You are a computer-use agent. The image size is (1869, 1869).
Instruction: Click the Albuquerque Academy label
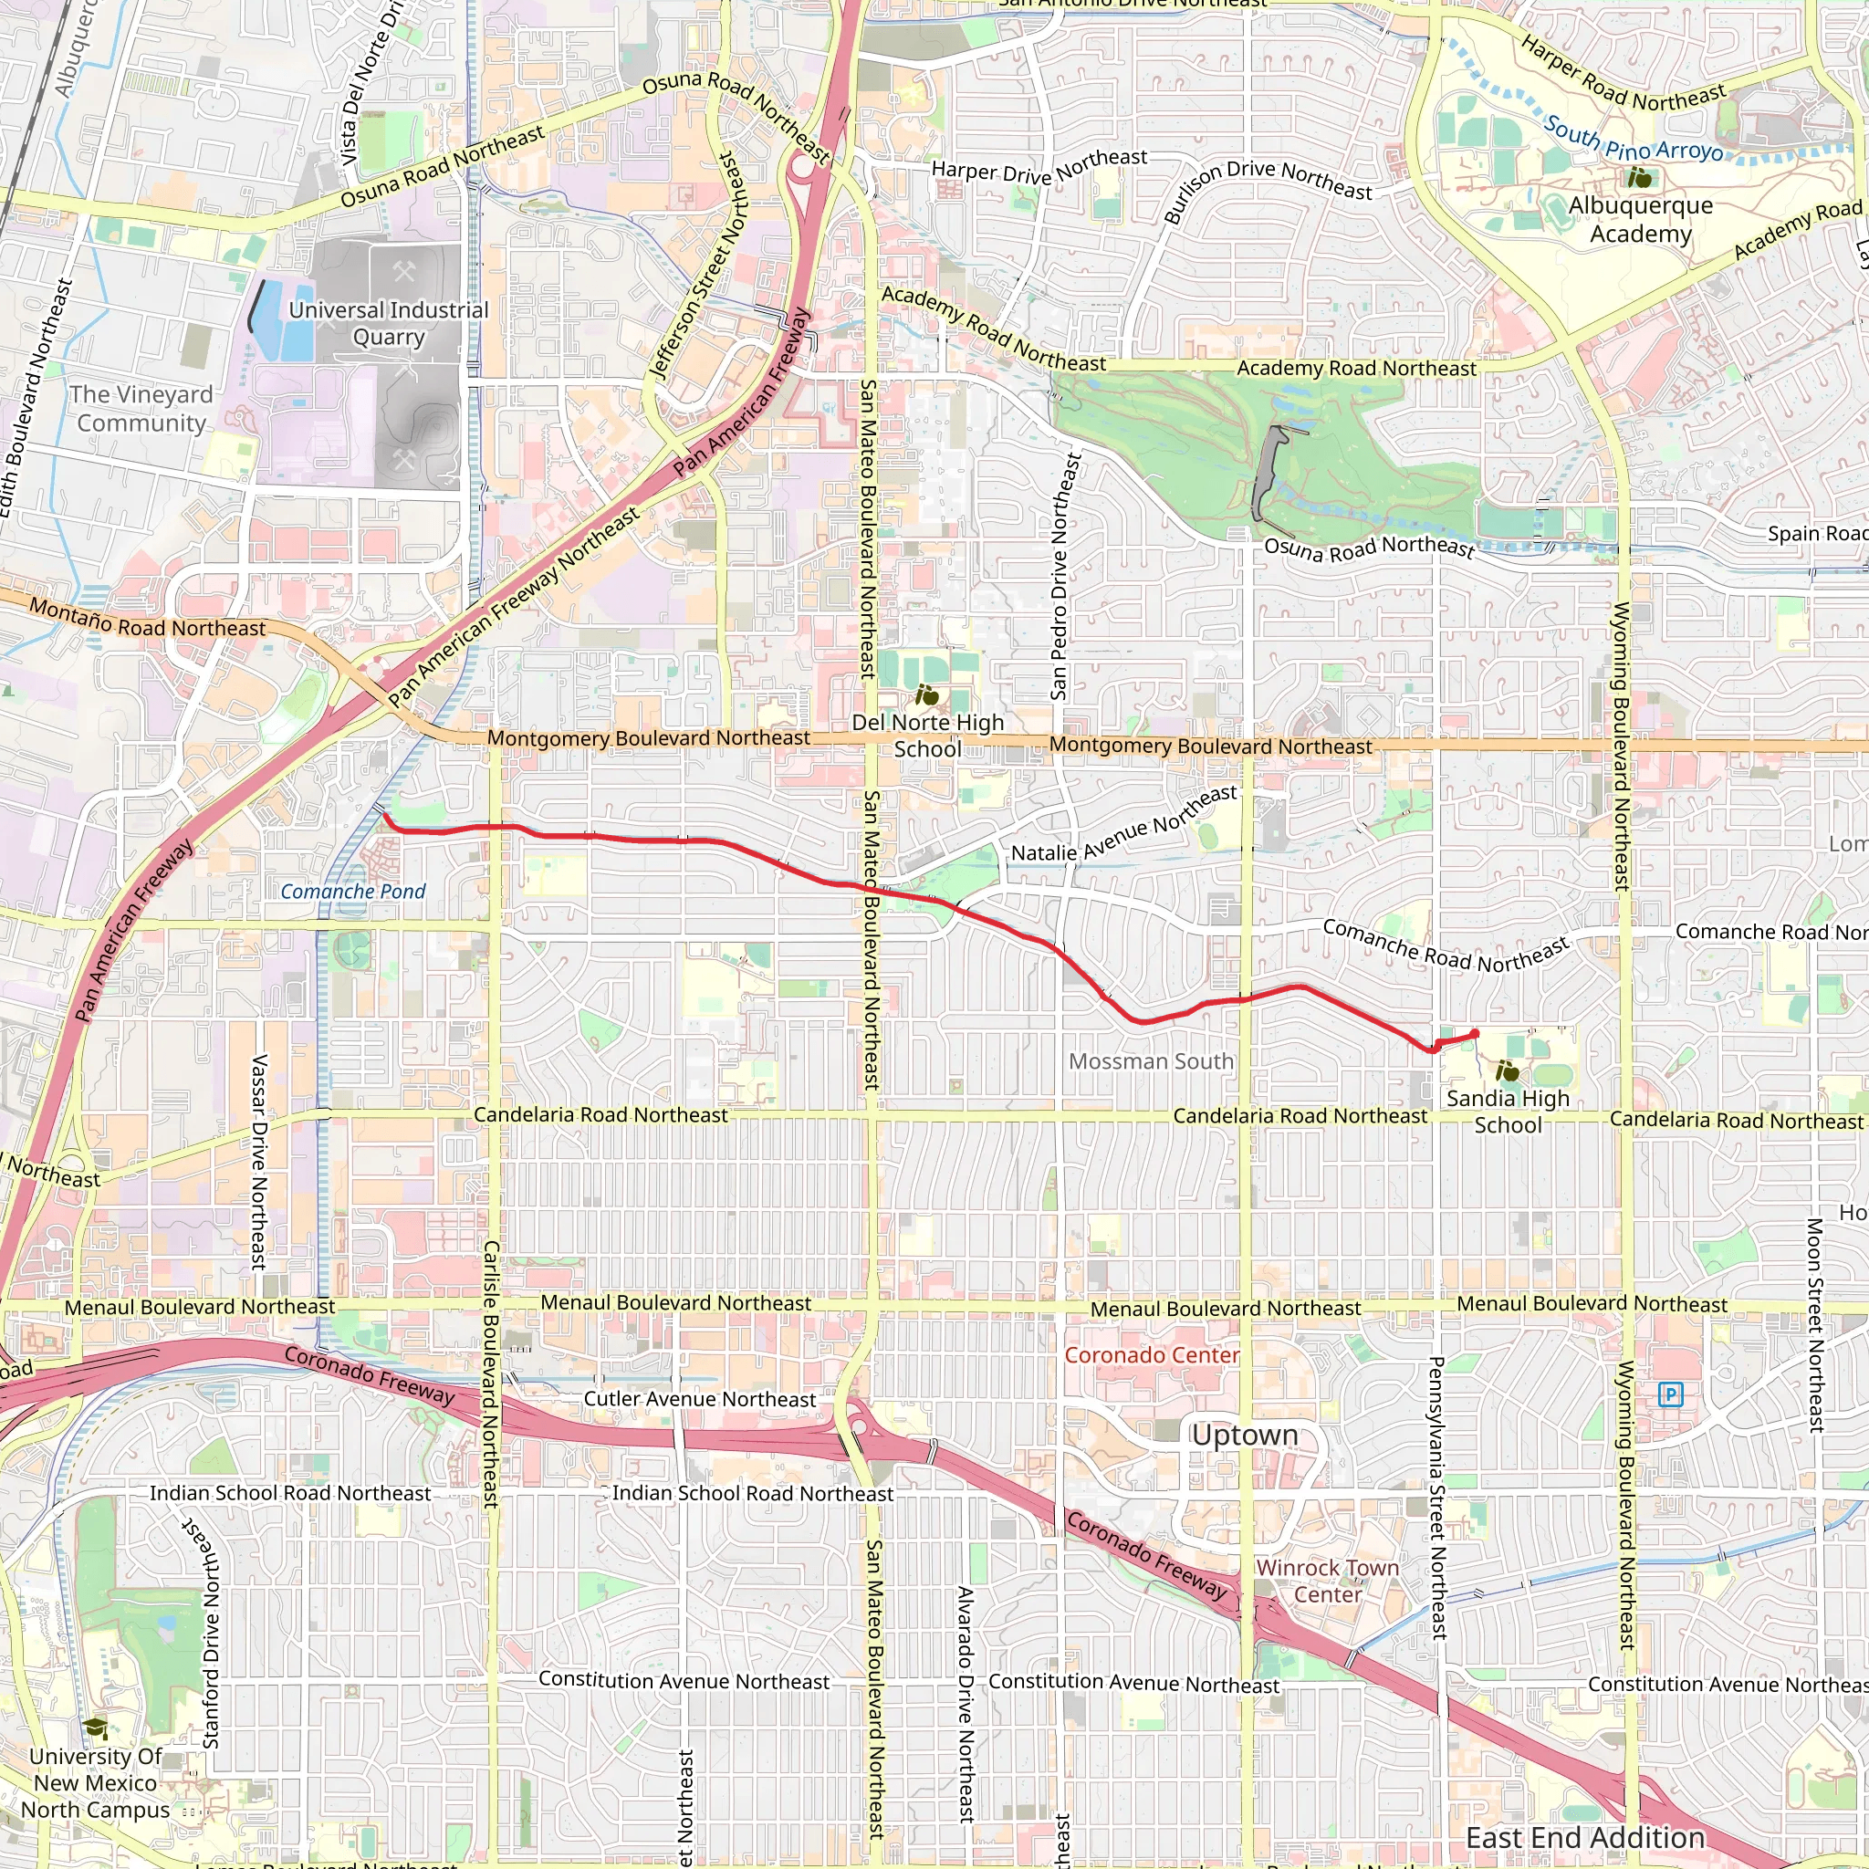pyautogui.click(x=1641, y=220)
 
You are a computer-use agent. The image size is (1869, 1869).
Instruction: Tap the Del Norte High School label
pyautogui.click(x=927, y=736)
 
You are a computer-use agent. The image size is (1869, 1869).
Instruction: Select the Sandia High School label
pyautogui.click(x=1508, y=1112)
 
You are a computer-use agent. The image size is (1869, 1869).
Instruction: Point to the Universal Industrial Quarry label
pyautogui.click(x=389, y=323)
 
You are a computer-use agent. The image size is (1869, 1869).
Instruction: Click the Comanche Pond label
pyautogui.click(x=353, y=892)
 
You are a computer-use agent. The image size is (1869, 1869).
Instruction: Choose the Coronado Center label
pyautogui.click(x=1151, y=1355)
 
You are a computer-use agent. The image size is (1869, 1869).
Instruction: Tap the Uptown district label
pyautogui.click(x=1244, y=1436)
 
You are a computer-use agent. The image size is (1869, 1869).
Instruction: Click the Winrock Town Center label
pyautogui.click(x=1327, y=1581)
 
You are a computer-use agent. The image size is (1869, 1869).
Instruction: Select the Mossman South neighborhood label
pyautogui.click(x=1151, y=1061)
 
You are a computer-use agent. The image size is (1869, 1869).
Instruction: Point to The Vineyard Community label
pyautogui.click(x=141, y=408)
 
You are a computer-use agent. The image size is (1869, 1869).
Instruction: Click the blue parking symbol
pyautogui.click(x=1671, y=1394)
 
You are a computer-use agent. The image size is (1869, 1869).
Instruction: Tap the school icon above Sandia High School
pyautogui.click(x=1508, y=1070)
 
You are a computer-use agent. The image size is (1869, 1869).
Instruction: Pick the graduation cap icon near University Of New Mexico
pyautogui.click(x=95, y=1728)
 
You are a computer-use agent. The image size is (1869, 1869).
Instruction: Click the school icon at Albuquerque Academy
pyautogui.click(x=1640, y=177)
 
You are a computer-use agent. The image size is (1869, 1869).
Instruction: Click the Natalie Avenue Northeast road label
pyautogui.click(x=1124, y=824)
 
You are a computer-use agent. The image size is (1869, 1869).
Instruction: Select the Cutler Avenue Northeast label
pyautogui.click(x=699, y=1400)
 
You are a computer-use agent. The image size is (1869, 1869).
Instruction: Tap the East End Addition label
pyautogui.click(x=1585, y=1837)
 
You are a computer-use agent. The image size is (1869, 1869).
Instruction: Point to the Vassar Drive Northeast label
pyautogui.click(x=258, y=1162)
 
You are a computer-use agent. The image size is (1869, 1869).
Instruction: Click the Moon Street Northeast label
pyautogui.click(x=1815, y=1325)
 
